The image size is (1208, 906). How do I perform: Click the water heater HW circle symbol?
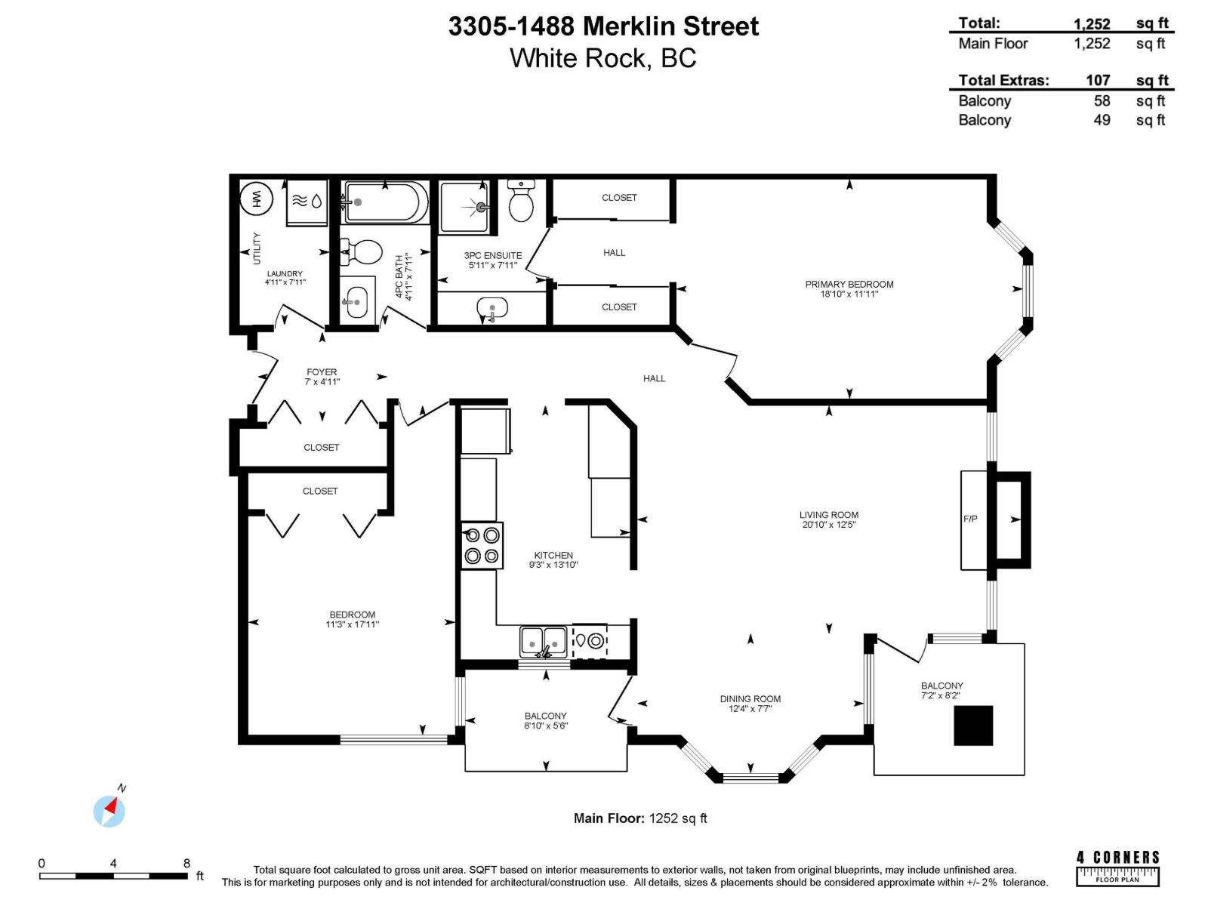click(257, 199)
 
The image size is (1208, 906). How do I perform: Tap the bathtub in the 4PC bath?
click(385, 202)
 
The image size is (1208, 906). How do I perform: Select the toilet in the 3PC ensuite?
click(521, 201)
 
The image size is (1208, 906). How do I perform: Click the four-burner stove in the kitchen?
click(482, 546)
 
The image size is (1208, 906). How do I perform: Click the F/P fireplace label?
click(970, 519)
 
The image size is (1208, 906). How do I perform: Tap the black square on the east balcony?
click(973, 726)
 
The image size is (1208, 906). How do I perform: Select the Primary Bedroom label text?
click(849, 285)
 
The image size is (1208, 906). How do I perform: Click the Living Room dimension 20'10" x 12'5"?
click(828, 525)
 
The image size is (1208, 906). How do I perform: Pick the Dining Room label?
click(750, 699)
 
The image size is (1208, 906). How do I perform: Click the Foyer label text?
click(322, 372)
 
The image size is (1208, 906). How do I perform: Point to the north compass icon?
click(109, 812)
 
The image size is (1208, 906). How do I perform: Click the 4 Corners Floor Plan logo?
click(1117, 867)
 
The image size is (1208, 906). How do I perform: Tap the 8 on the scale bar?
click(186, 863)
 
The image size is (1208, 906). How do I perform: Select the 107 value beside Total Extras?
click(1098, 80)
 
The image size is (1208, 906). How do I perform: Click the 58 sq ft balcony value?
click(1102, 100)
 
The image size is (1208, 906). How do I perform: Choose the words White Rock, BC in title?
click(602, 58)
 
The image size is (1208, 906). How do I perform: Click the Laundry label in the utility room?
click(285, 274)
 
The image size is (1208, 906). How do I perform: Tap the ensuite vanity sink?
click(492, 308)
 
